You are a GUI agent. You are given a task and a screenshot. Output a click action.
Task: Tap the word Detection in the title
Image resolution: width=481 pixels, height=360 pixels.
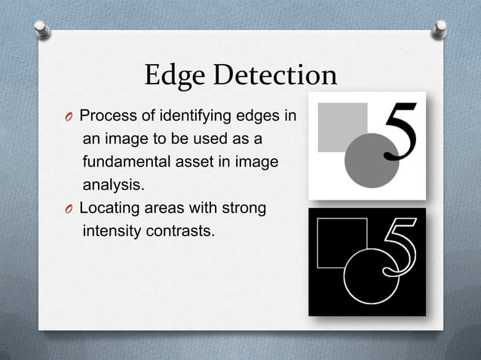point(275,75)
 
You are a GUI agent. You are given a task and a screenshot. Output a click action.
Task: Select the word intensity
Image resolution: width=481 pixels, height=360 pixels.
point(109,230)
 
